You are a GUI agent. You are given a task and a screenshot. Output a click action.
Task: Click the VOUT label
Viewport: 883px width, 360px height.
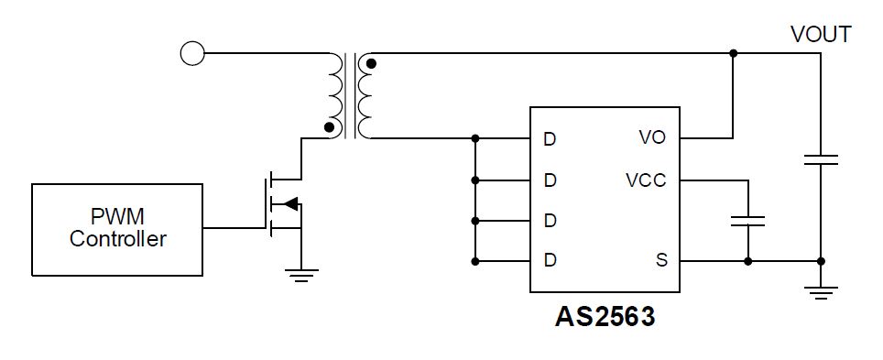pyautogui.click(x=821, y=35)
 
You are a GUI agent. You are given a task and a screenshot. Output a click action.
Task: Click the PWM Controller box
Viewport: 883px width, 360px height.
pyautogui.click(x=117, y=228)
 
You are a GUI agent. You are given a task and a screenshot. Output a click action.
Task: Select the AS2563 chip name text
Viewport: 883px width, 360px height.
pyautogui.click(x=605, y=317)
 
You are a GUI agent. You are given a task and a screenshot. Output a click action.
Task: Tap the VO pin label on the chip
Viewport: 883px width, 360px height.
pyautogui.click(x=651, y=138)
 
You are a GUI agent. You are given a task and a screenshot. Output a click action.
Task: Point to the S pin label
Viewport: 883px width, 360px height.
pyautogui.click(x=660, y=261)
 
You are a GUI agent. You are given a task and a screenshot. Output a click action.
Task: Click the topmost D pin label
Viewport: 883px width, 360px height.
pyautogui.click(x=550, y=139)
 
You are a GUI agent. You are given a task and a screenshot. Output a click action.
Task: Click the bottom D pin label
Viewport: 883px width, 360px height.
pyautogui.click(x=550, y=261)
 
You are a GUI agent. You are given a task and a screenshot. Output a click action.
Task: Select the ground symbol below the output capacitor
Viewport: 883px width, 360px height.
pyautogui.click(x=820, y=292)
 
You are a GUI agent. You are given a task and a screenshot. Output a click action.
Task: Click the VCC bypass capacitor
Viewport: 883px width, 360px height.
pyautogui.click(x=748, y=221)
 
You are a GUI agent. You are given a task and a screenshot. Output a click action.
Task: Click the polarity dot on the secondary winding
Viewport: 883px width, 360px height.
pyautogui.click(x=371, y=63)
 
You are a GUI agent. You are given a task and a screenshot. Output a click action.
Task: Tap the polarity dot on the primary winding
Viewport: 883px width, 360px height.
pyautogui.click(x=329, y=127)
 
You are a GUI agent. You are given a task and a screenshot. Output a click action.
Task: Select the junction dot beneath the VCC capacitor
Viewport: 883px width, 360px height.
pyautogui.click(x=748, y=261)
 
